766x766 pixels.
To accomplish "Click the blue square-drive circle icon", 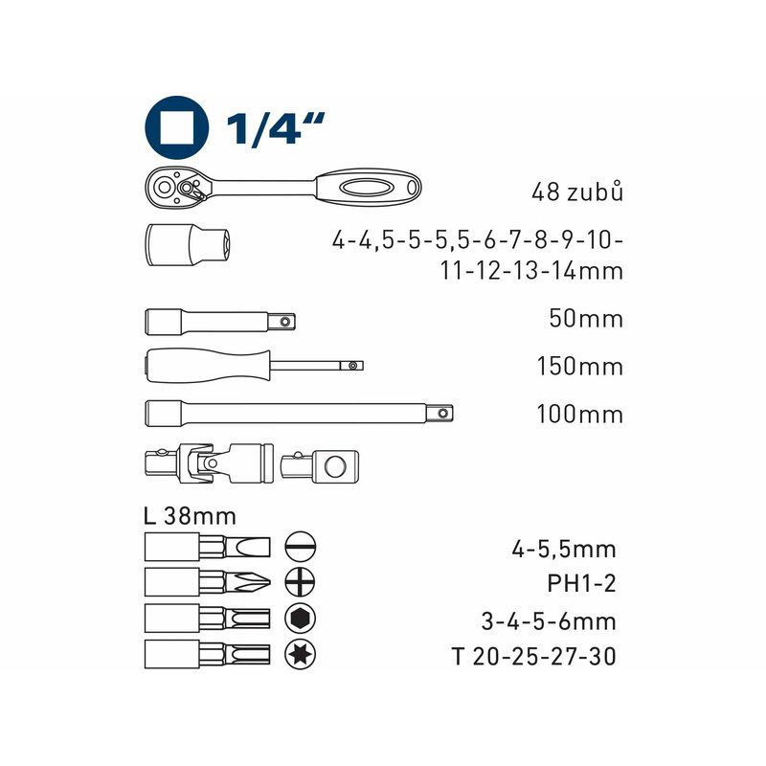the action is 177,127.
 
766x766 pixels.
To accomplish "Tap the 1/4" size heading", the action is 275,128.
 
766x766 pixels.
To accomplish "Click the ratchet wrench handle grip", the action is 369,187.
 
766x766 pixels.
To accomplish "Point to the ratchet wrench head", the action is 181,187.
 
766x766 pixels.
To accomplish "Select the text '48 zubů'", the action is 577,191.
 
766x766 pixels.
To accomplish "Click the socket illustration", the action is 189,244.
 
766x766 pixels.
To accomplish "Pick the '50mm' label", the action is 586,319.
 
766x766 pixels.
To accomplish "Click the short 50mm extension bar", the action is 220,322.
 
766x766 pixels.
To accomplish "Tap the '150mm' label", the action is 580,367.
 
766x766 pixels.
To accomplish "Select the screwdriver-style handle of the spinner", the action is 208,366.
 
